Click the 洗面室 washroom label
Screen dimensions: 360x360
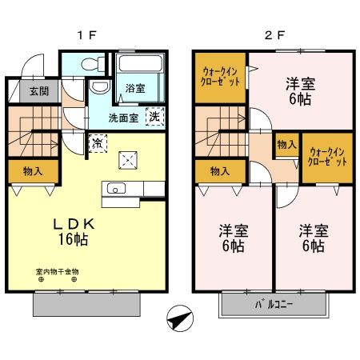(x=124, y=118)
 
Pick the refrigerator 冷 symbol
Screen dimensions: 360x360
(x=96, y=145)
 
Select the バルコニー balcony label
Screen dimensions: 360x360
(x=274, y=305)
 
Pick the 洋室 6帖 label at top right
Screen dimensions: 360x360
(x=301, y=89)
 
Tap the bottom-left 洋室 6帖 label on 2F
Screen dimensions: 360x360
(x=234, y=238)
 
